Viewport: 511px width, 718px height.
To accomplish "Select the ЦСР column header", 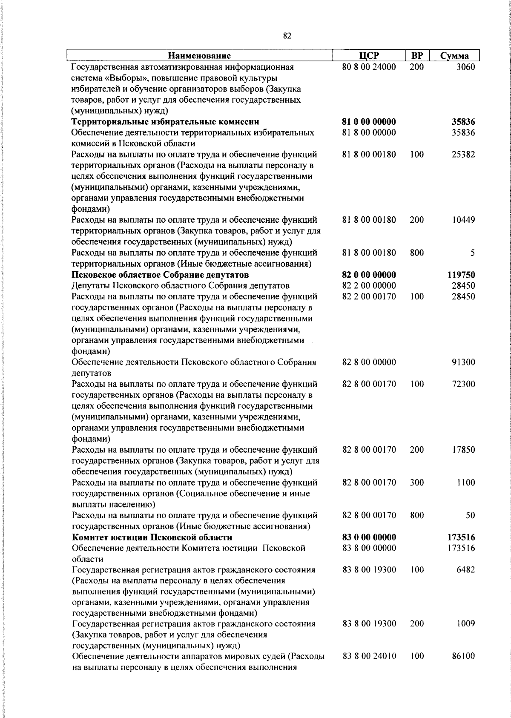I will pos(369,56).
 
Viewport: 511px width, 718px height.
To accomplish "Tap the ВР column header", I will pos(417,56).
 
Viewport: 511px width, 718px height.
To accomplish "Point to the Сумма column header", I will pos(454,56).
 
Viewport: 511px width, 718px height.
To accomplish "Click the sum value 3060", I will pos(465,67).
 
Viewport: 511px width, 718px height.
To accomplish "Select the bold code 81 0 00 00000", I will pos(369,122).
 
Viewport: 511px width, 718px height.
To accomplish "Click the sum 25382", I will pos(463,155).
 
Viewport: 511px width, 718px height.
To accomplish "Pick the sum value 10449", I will pos(463,220).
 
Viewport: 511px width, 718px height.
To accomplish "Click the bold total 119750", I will pos(461,275).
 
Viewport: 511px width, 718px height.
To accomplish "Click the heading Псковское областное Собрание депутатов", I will pos(160,275).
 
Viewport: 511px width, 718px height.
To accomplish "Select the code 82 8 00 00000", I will pos(369,362).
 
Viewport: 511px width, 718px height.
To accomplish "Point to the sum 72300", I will pos(463,384).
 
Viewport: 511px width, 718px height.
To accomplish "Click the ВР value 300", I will pos(417,482).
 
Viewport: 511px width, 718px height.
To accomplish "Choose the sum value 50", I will pos(470,515).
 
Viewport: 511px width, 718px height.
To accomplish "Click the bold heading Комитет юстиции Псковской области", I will pos(152,537).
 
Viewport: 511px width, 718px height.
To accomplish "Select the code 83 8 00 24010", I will pos(369,656).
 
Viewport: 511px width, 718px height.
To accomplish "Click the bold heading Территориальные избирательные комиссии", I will pos(165,122).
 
